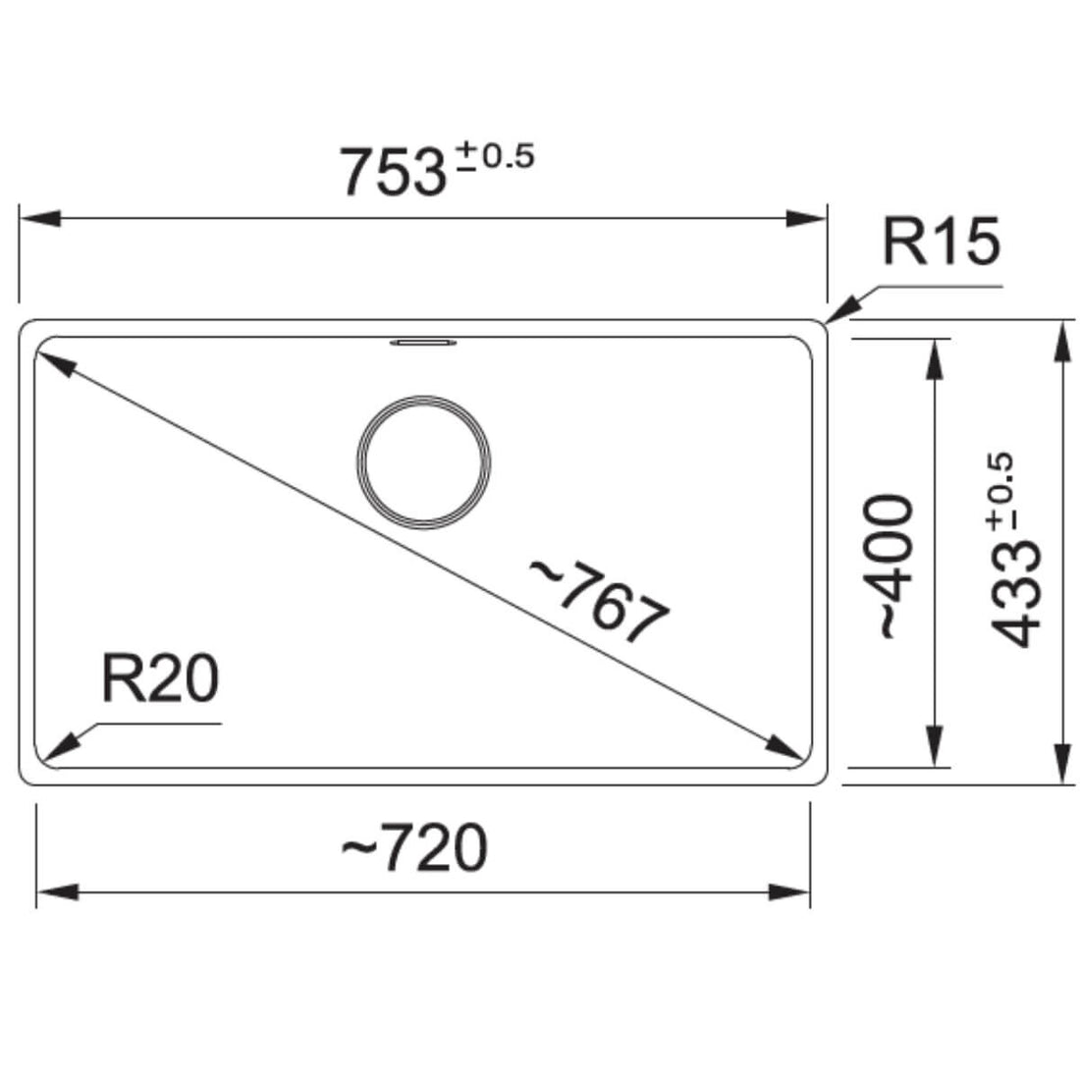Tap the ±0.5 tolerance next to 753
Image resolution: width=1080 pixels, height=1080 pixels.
(492, 157)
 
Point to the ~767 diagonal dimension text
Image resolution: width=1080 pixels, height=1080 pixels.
(599, 601)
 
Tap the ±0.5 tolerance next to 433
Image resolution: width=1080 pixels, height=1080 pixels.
(1002, 492)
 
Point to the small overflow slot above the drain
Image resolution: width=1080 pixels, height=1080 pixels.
(423, 343)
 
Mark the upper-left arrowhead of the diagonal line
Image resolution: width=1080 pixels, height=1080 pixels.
(55, 363)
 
